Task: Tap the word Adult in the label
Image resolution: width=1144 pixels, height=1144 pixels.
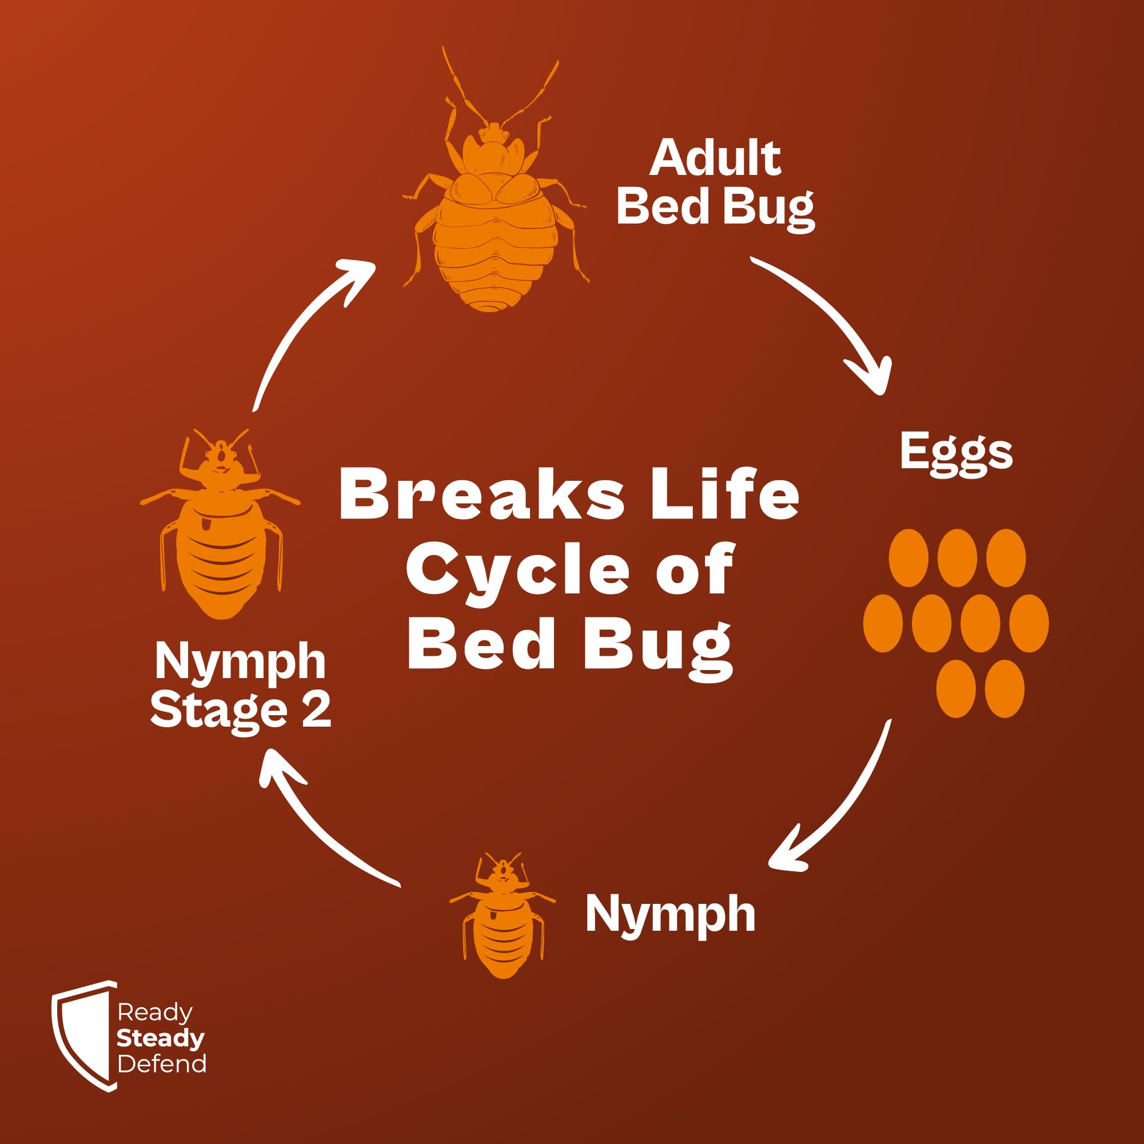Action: point(715,158)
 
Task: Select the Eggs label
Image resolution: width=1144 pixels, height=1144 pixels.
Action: point(956,453)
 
